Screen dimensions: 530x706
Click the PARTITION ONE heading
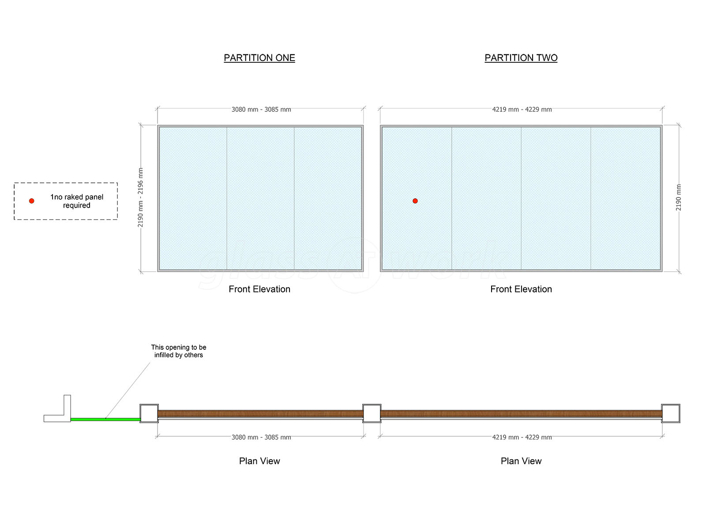pos(259,58)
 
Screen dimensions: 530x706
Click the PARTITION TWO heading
pos(521,58)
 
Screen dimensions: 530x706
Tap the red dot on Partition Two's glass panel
pos(415,201)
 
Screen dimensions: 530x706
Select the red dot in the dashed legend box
pos(32,201)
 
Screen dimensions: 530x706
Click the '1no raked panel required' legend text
pos(76,201)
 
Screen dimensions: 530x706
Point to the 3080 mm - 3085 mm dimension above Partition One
pos(261,110)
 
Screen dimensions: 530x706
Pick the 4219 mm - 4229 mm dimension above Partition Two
pos(522,110)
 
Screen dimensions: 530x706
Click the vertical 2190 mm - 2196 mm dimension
pos(141,197)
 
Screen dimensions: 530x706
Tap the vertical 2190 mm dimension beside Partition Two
pos(679,197)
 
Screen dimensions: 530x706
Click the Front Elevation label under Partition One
pos(259,289)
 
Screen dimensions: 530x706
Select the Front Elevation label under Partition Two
pos(521,289)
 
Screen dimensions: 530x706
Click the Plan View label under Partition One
pos(259,461)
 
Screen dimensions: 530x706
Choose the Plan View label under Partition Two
pos(521,461)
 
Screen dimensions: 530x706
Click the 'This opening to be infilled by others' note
pos(179,351)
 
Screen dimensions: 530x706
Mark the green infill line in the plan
pos(106,419)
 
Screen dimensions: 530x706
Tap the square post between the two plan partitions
pos(372,413)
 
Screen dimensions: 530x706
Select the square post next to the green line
pos(149,413)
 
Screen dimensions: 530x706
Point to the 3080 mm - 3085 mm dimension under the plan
pos(261,437)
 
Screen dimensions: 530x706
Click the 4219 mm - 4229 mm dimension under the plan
pos(522,437)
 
